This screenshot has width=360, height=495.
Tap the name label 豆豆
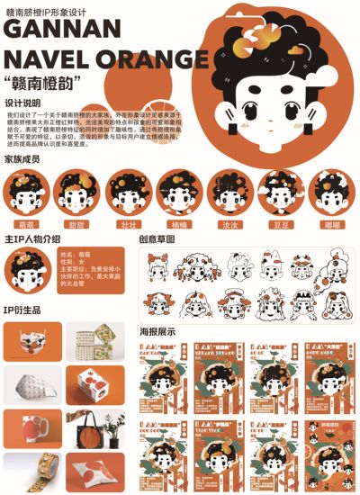281,223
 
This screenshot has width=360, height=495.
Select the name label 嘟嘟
332,223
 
